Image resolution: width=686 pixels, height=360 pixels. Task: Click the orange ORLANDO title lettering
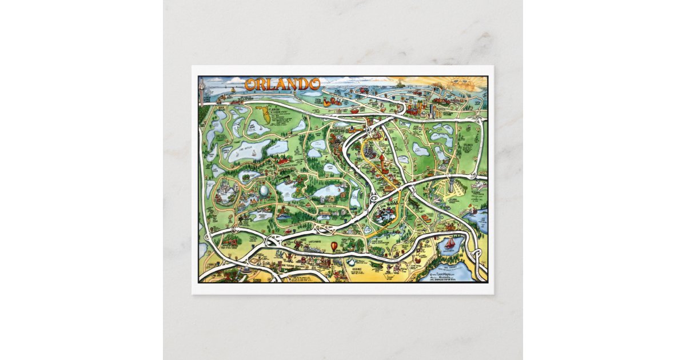point(282,84)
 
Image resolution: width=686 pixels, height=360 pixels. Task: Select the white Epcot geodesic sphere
point(266,190)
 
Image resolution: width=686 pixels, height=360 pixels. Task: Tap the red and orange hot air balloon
point(334,246)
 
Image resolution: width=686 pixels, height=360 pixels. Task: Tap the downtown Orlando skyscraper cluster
point(426,109)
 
